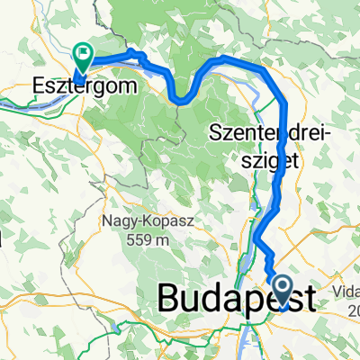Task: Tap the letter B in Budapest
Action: [169, 298]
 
